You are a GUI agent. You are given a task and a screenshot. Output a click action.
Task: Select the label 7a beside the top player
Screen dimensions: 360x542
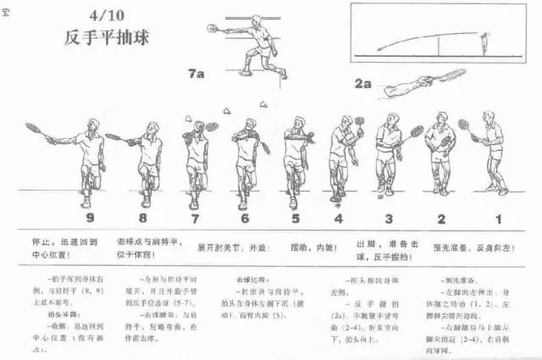pos(196,74)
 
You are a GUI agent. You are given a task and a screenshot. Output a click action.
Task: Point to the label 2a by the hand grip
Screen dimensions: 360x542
pos(363,83)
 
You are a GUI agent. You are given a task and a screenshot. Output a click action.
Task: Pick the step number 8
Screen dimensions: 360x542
pos(145,219)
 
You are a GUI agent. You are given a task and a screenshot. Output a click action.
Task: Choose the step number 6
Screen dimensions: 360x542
pos(245,219)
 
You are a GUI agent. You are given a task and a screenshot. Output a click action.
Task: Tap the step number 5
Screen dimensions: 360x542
pos(296,219)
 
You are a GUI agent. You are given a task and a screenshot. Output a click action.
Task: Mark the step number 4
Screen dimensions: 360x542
pos(338,219)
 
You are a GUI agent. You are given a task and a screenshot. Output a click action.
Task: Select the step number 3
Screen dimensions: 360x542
pos(389,219)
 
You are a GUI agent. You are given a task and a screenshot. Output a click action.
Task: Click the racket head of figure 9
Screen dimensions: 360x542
pos(33,129)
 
